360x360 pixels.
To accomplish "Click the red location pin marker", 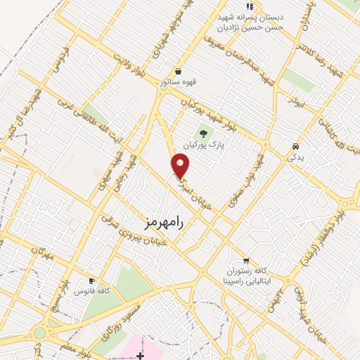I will (x=181, y=165).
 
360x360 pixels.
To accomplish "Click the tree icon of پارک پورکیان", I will (x=204, y=131).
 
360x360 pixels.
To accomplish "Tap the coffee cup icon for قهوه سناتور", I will (x=179, y=71).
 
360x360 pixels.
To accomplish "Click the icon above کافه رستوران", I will (x=245, y=259).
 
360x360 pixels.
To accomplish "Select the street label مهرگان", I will (x=42, y=254).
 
